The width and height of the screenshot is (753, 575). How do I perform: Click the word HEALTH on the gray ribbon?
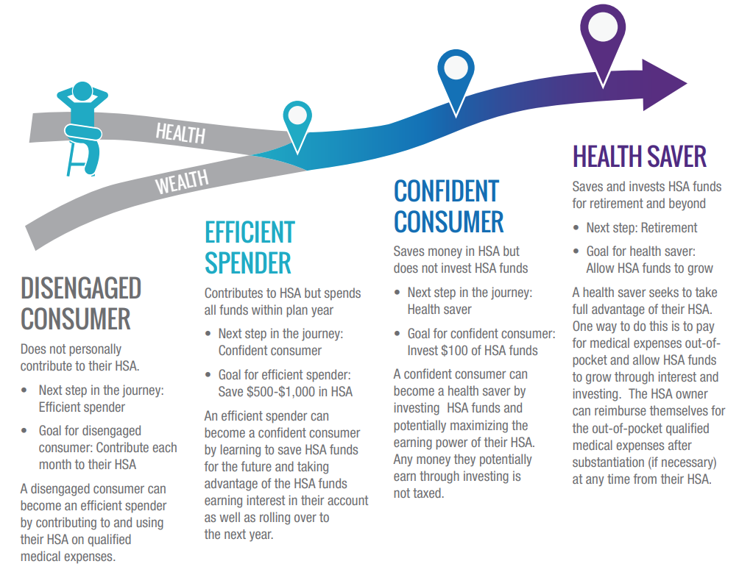coord(180,133)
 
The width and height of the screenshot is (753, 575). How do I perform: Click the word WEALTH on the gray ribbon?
coord(182,182)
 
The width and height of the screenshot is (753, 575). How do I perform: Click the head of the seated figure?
coord(82,91)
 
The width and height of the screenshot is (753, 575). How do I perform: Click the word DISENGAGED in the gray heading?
coord(81,288)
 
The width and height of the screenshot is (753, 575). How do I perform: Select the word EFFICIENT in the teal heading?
coord(250,232)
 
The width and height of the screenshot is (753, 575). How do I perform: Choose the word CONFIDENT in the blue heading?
coord(447,191)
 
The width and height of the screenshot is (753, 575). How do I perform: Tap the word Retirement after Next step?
coord(668,228)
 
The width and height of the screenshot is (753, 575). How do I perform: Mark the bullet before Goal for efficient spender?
coord(208,374)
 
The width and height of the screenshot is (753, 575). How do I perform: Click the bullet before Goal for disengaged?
coord(24,431)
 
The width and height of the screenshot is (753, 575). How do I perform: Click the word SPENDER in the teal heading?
coord(248,263)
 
